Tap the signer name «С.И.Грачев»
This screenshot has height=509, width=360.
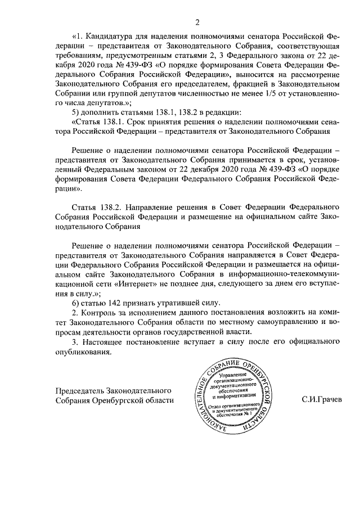click(x=322, y=400)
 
